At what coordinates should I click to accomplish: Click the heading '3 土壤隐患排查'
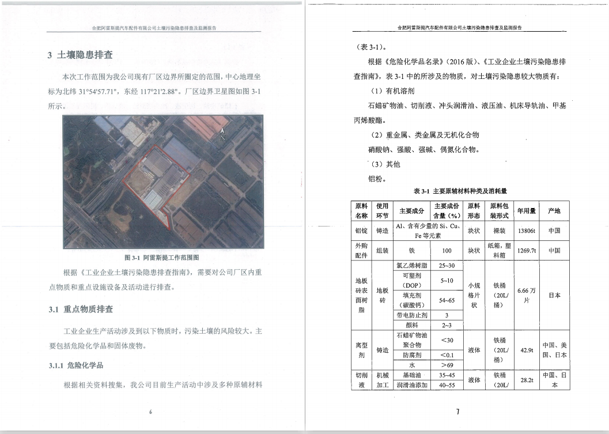click(80, 55)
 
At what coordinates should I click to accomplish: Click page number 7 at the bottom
click(457, 412)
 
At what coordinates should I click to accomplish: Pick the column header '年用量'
click(526, 211)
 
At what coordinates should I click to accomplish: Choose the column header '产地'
click(554, 211)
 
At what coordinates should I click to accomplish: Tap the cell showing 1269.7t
click(526, 251)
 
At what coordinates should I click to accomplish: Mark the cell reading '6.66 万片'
click(526, 295)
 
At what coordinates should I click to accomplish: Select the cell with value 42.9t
click(526, 350)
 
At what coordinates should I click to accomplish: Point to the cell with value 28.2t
click(526, 380)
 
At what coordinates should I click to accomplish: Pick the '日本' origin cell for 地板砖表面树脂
click(554, 295)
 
